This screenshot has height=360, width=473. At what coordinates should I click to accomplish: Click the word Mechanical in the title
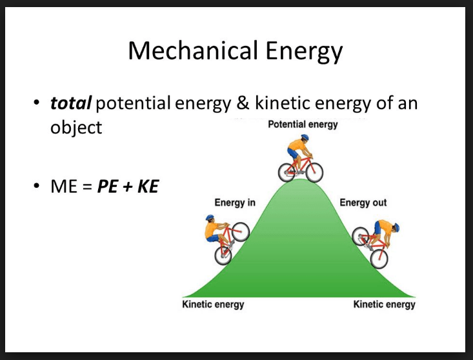point(193,50)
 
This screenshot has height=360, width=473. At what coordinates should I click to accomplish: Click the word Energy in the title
point(304,52)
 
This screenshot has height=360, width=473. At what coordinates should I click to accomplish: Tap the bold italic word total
point(70,103)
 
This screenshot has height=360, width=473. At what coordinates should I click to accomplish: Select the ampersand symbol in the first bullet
point(243,103)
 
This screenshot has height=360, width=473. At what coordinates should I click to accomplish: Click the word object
point(76,128)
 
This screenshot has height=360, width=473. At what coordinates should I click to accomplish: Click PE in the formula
point(107,186)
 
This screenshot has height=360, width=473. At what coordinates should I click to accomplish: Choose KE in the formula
point(148,186)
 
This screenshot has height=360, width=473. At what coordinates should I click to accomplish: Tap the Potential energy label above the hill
point(303,125)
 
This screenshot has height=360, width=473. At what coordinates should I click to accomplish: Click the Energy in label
point(235,203)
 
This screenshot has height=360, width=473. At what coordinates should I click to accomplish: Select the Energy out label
point(363,203)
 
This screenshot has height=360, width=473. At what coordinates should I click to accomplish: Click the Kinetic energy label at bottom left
point(213,305)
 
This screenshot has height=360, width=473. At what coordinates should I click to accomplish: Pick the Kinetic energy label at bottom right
point(385,305)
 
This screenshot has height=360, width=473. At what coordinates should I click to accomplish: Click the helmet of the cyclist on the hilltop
point(305,137)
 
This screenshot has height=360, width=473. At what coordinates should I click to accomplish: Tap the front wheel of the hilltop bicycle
point(314,172)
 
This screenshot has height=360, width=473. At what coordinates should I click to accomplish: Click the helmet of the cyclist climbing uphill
point(210,217)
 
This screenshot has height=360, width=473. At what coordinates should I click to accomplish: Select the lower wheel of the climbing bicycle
point(223,255)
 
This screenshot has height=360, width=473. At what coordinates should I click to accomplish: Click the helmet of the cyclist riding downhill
point(396,227)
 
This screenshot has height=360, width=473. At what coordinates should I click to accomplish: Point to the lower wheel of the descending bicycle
point(379,259)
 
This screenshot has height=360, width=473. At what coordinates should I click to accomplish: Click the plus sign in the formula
point(128,187)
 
